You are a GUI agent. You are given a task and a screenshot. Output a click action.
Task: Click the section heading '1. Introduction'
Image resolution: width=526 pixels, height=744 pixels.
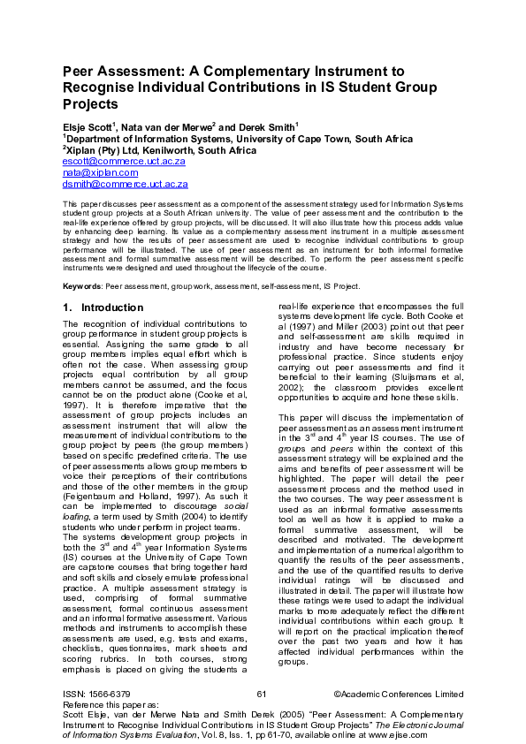[x=103, y=307]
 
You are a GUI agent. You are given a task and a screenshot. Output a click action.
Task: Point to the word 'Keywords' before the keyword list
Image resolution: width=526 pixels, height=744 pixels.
[x=81, y=287]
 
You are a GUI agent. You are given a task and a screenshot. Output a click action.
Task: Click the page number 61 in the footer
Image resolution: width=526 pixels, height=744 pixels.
[x=260, y=695]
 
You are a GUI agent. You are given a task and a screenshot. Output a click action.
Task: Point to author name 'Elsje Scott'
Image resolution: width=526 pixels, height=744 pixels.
[x=89, y=126]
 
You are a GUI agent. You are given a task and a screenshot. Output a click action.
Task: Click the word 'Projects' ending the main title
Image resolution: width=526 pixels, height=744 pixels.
[x=90, y=104]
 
